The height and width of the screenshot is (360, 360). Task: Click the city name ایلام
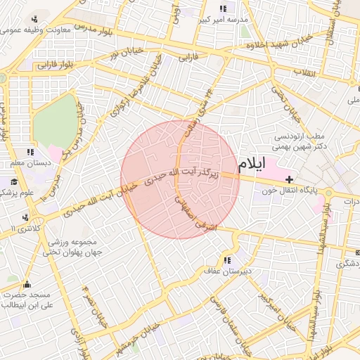tap(252, 165)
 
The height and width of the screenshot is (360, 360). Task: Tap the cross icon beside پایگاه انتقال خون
tap(290, 180)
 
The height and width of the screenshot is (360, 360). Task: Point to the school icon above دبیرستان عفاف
tap(226, 260)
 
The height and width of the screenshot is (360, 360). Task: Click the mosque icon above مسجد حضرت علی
tap(27, 284)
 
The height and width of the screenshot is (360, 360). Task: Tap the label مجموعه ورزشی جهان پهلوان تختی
tap(75, 246)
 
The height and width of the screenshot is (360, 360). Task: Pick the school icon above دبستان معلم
tap(30, 152)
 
